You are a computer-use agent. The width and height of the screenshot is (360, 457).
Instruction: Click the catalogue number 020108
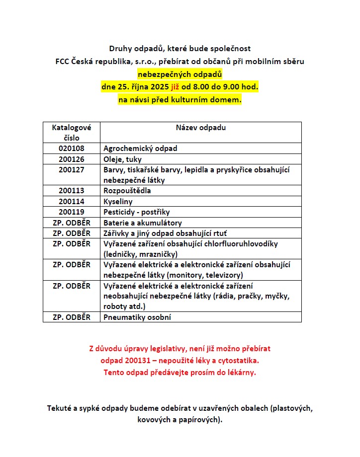(x=71, y=149)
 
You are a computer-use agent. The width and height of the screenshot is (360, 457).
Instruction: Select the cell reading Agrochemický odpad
(x=140, y=149)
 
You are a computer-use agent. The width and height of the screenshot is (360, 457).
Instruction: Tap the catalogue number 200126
(x=71, y=159)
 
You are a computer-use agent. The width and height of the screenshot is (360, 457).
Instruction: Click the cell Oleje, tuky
(x=122, y=159)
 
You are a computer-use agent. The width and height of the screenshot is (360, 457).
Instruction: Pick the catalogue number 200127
(x=71, y=170)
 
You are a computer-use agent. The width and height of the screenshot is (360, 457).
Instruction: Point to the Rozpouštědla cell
(x=127, y=191)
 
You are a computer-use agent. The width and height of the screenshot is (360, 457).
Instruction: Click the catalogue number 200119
(x=71, y=212)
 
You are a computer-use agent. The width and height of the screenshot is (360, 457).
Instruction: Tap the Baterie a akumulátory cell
(x=143, y=223)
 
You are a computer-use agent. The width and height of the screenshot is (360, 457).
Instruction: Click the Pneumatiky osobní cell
(x=137, y=317)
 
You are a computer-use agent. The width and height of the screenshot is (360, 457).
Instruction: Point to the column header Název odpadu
(x=200, y=128)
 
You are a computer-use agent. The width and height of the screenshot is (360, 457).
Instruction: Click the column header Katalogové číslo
(x=71, y=133)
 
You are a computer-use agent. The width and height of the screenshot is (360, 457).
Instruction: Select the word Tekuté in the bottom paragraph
(x=60, y=408)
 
